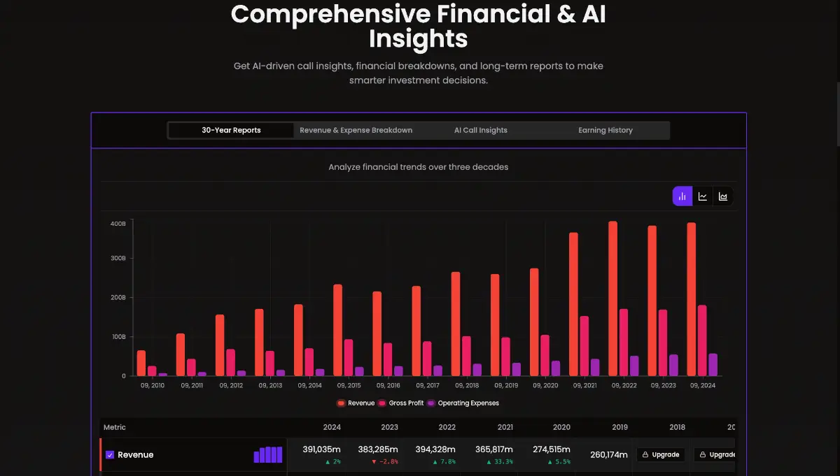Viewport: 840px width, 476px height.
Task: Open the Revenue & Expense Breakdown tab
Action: point(356,130)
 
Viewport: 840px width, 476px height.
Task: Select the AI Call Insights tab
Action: point(480,130)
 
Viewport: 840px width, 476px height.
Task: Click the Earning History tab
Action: point(605,130)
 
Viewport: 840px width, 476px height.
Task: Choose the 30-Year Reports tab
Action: point(231,130)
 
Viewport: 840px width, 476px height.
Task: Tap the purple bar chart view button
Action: point(682,196)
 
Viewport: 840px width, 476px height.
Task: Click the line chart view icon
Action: point(703,196)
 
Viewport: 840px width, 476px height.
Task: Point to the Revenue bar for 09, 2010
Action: point(141,363)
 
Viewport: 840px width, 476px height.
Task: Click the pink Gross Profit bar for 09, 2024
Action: point(702,340)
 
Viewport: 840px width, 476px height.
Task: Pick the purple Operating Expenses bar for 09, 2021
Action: point(595,367)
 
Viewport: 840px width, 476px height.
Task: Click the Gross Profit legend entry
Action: point(402,403)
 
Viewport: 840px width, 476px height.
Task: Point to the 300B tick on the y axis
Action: point(118,258)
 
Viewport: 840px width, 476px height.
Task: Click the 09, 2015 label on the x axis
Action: point(349,385)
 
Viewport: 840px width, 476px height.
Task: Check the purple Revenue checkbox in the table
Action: point(110,455)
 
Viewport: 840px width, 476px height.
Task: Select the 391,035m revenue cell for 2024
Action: point(321,449)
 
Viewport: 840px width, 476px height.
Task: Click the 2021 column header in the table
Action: point(505,427)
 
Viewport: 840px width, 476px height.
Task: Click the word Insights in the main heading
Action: point(418,38)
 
